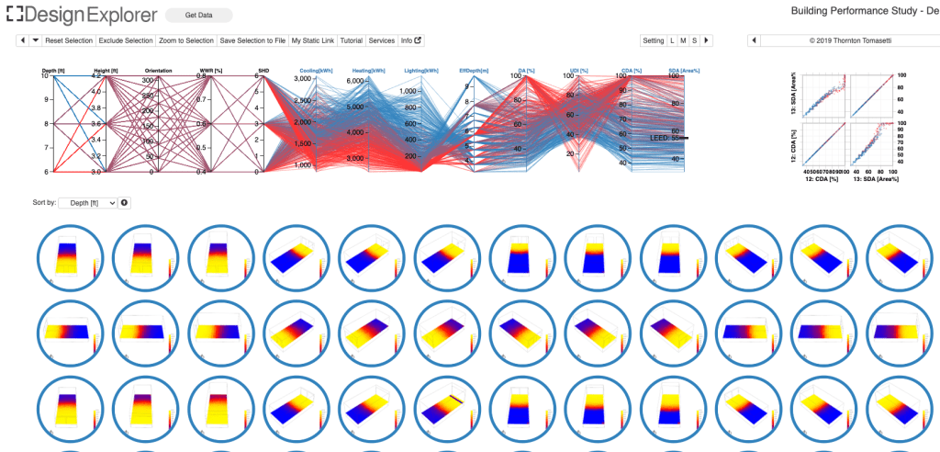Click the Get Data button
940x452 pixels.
[198, 15]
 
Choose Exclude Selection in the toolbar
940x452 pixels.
[126, 40]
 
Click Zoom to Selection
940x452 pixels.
[186, 40]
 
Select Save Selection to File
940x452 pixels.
[252, 40]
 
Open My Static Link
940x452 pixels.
[313, 40]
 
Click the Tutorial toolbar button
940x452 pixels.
[351, 40]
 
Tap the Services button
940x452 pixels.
[381, 40]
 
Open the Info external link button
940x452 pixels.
[411, 40]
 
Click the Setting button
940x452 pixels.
[653, 40]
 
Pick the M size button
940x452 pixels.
[683, 40]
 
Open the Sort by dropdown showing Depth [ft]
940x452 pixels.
[87, 202]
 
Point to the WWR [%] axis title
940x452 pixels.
[211, 70]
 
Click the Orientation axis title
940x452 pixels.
[159, 70]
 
